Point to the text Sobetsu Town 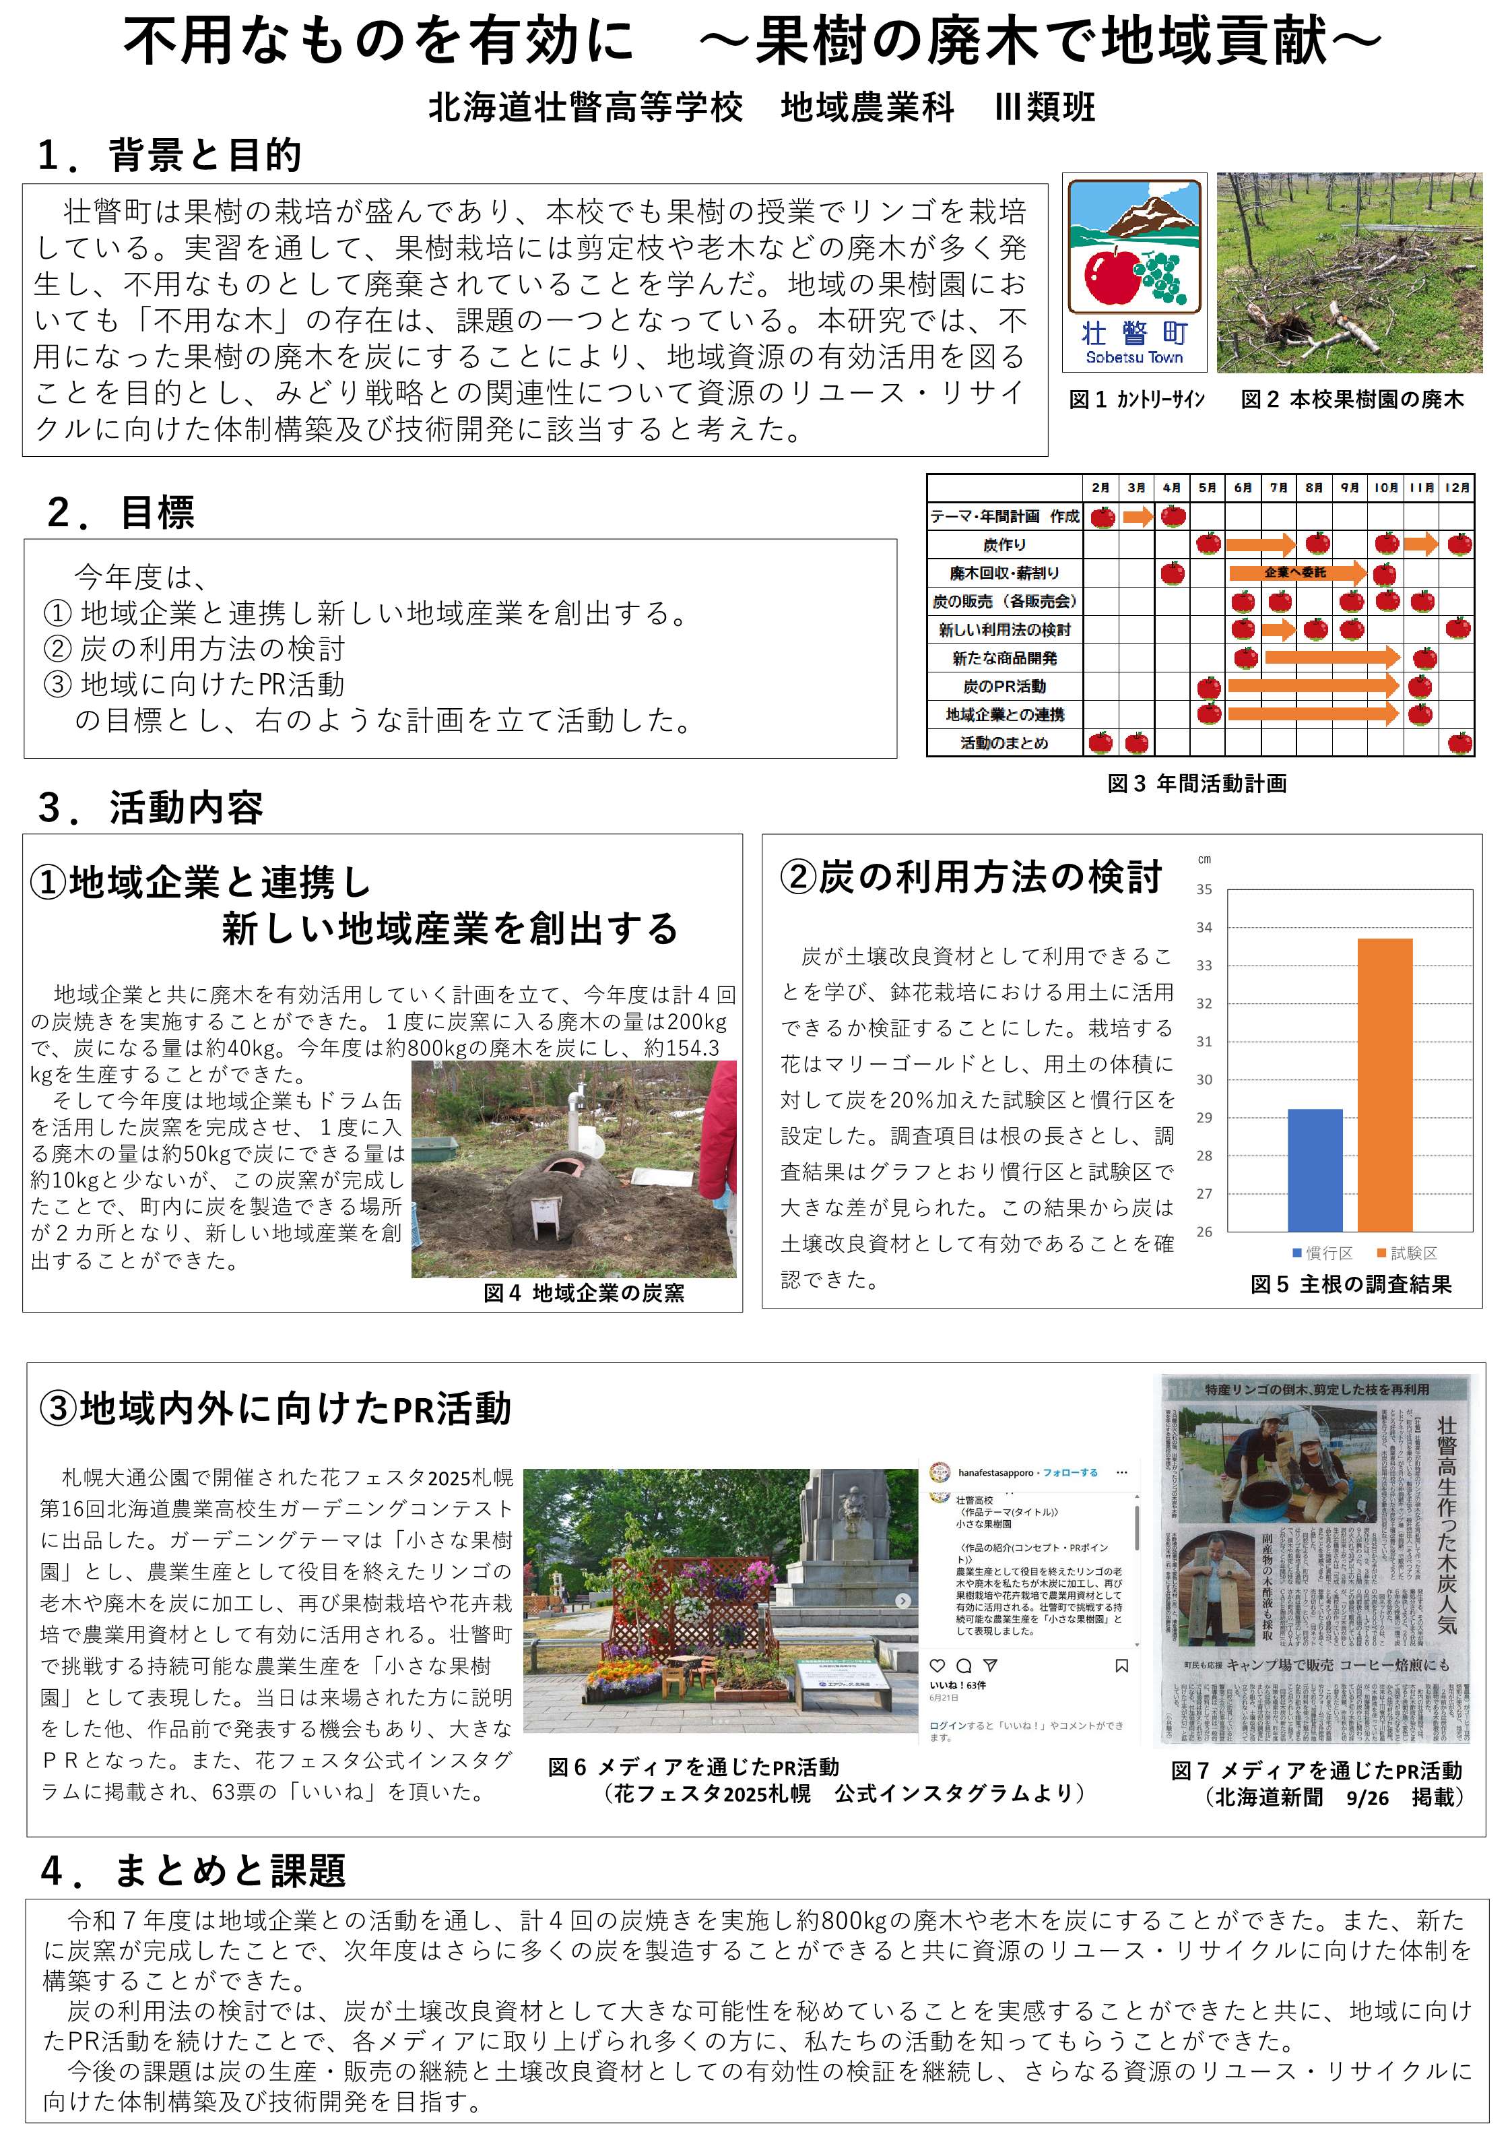point(1133,357)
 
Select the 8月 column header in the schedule point(1313,488)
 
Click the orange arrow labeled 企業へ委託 point(1296,572)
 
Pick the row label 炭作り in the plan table point(1005,544)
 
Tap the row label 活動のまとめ point(1005,743)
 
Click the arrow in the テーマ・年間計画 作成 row point(1137,515)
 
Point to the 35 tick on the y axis point(1204,890)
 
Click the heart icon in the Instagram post point(938,1665)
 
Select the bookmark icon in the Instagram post point(1122,1665)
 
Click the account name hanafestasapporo point(995,1473)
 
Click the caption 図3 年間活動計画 point(1197,784)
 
